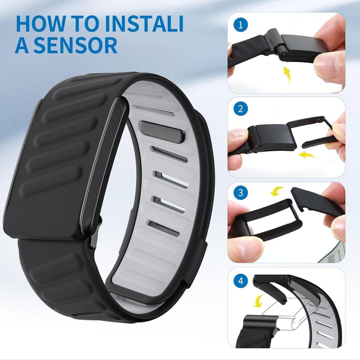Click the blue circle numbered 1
pyautogui.click(x=242, y=25)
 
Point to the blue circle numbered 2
pyautogui.click(x=242, y=109)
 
